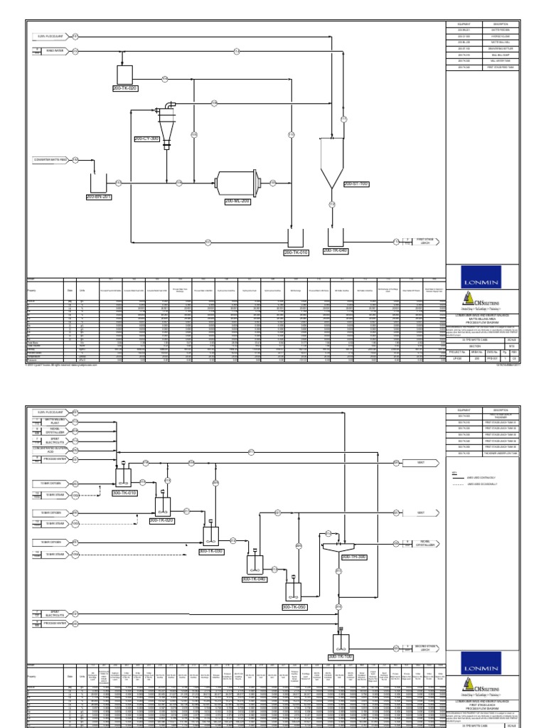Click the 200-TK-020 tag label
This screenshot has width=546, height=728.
pyautogui.click(x=124, y=88)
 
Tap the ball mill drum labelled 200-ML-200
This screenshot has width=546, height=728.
pyautogui.click(x=237, y=182)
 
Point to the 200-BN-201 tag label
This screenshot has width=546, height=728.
pyautogui.click(x=99, y=196)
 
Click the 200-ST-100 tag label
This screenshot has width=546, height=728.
pyautogui.click(x=358, y=184)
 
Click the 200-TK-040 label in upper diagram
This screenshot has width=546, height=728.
pyautogui.click(x=336, y=250)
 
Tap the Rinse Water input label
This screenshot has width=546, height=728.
pyautogui.click(x=50, y=51)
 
